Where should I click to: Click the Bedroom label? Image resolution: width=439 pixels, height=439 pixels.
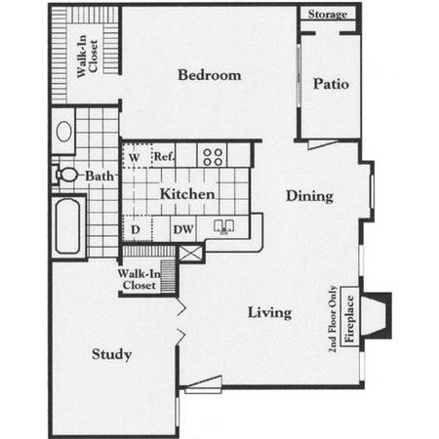pos(210,75)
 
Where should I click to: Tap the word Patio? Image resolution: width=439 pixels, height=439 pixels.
pos(331,84)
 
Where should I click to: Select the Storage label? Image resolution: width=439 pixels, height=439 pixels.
pos(328,15)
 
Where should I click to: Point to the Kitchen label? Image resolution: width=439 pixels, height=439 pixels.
pos(187,194)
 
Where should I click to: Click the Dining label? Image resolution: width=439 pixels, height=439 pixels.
pos(309,196)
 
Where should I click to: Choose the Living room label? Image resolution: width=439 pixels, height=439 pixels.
pos(269,313)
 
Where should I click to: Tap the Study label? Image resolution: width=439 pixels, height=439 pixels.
pos(111,354)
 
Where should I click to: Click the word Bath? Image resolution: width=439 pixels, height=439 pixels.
pos(100,177)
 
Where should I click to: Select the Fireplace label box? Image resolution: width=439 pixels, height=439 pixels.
pos(349,317)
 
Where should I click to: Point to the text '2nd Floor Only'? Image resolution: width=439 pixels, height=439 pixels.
pos(333,319)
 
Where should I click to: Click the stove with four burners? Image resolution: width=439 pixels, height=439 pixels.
pos(213,157)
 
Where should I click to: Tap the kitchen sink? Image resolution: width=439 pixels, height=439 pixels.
pos(224,226)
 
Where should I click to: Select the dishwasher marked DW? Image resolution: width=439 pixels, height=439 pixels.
pos(183,229)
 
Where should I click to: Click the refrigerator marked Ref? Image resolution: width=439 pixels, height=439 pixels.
pos(164,156)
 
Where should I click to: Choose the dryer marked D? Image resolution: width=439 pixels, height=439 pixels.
pos(137,228)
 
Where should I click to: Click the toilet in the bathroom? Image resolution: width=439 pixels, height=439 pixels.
pos(66,175)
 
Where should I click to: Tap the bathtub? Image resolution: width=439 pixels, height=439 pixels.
pos(67,226)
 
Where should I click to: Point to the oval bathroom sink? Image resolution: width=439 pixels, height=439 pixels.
pos(64,131)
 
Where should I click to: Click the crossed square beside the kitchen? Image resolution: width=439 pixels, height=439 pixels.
pos(190,254)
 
